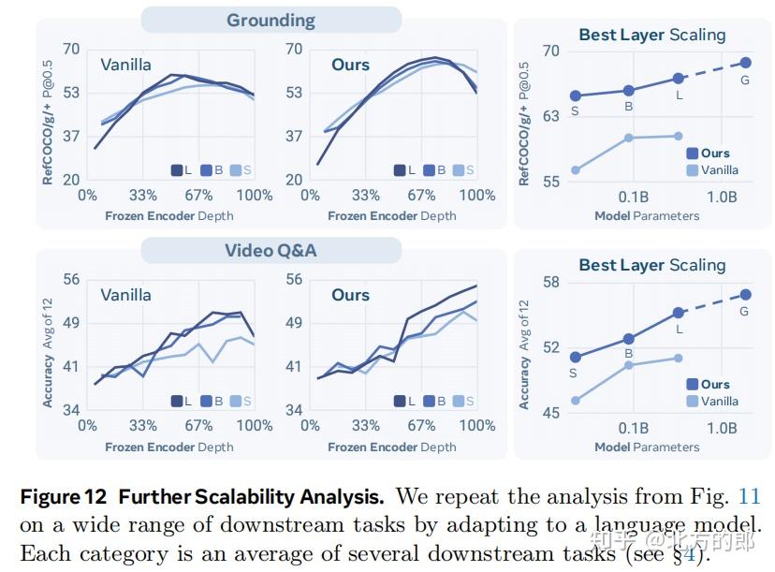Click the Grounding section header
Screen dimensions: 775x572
point(271,21)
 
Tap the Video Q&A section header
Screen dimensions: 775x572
point(271,250)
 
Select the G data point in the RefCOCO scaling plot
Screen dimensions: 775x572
point(746,63)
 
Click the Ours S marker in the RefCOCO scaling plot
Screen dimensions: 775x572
point(576,95)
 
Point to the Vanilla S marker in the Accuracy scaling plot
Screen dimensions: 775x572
point(576,401)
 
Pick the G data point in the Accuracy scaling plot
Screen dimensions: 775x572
point(746,295)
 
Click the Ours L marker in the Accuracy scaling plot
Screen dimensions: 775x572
point(678,313)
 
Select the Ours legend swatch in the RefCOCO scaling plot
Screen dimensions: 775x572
point(693,154)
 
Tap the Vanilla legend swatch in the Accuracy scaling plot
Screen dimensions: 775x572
point(693,401)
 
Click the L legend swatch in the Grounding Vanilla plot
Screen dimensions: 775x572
point(177,170)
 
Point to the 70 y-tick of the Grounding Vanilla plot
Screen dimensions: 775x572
point(71,49)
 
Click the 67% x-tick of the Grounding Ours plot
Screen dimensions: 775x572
point(421,196)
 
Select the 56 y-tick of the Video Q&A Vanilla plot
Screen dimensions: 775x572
point(71,279)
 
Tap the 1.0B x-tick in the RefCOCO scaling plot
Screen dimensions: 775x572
point(722,198)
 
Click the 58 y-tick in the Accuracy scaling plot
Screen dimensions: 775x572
point(551,283)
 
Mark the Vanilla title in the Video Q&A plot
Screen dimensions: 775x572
point(126,295)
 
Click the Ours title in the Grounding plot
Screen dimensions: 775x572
point(350,65)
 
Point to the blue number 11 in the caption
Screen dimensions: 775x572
point(748,496)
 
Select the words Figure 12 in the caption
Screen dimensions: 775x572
point(64,497)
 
